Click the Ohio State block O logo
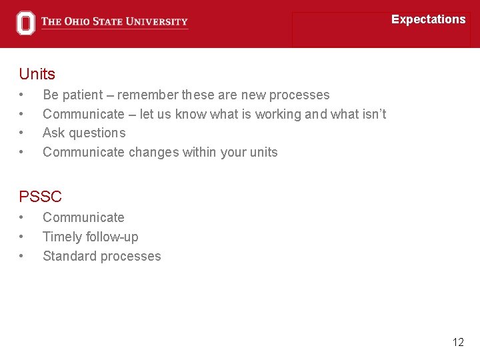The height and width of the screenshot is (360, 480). click(25, 23)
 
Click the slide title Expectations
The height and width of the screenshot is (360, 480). click(428, 19)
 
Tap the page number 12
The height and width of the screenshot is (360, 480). click(458, 342)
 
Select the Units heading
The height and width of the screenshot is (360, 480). click(37, 74)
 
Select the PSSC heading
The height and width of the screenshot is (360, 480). click(40, 197)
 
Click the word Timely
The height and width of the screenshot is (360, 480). click(61, 237)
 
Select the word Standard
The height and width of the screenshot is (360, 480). click(68, 256)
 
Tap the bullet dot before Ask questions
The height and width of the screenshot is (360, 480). click(22, 133)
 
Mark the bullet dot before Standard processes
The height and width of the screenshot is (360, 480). click(22, 256)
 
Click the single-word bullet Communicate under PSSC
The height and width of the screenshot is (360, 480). click(83, 217)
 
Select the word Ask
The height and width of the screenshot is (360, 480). click(53, 133)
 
